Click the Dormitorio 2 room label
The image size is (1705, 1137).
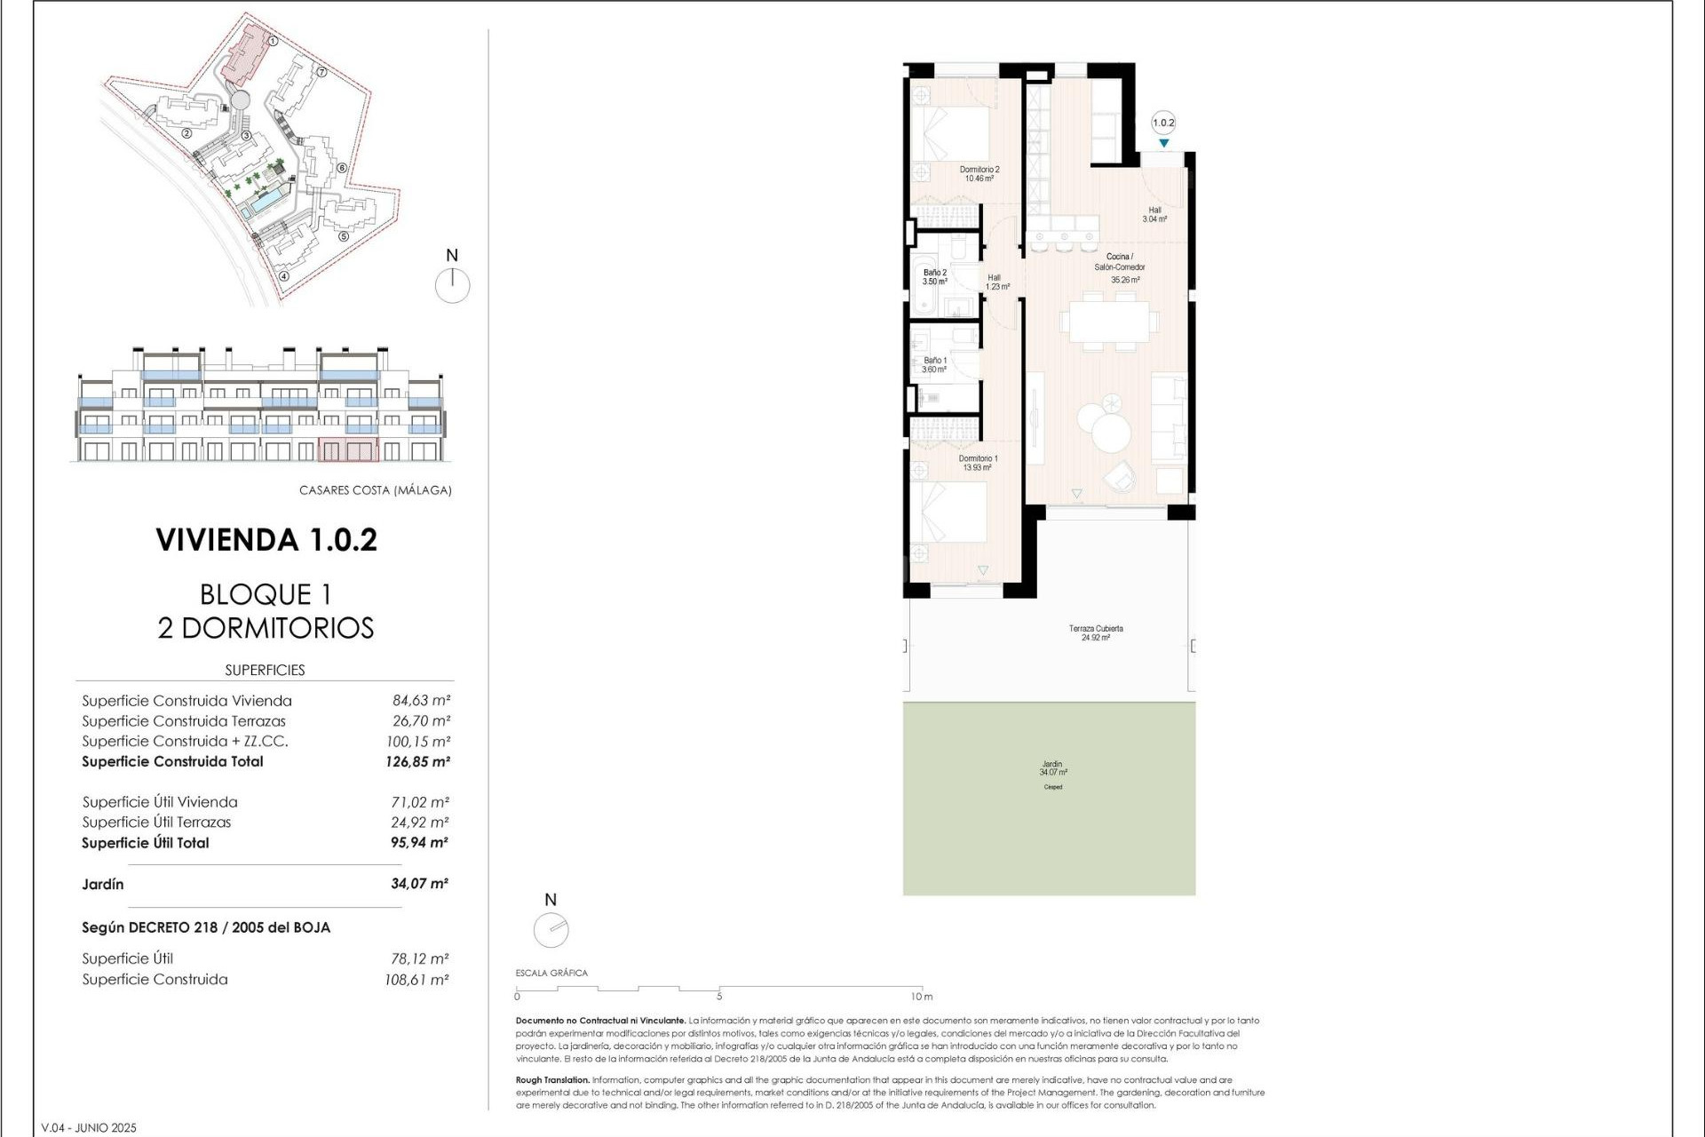(x=979, y=173)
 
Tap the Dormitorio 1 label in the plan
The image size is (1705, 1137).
(x=977, y=463)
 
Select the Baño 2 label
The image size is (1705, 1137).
(x=934, y=276)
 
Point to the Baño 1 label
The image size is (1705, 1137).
(x=934, y=364)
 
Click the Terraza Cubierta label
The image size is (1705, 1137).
(x=1096, y=632)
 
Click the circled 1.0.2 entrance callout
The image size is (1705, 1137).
(x=1162, y=123)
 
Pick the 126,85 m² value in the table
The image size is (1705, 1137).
(x=417, y=762)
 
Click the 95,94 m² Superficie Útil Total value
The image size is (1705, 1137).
(x=419, y=843)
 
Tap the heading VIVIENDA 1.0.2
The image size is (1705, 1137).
(x=266, y=540)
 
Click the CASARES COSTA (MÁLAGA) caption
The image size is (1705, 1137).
(x=375, y=490)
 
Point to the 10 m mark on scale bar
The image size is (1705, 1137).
(x=922, y=996)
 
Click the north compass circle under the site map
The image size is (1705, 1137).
(x=452, y=286)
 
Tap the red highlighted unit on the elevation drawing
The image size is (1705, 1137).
(x=348, y=449)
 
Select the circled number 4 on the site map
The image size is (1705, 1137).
(x=284, y=275)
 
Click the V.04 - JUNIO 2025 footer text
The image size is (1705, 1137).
(x=89, y=1128)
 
